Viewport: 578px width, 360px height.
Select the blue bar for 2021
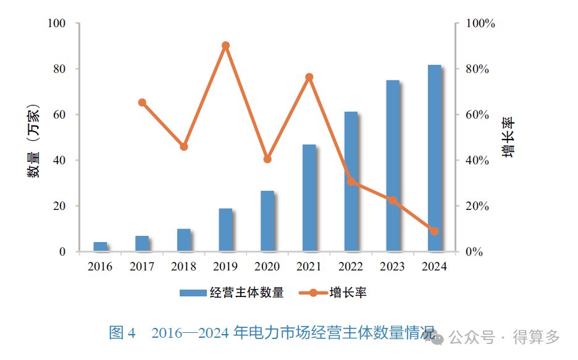(x=309, y=198)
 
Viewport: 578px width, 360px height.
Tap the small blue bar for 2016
(x=100, y=246)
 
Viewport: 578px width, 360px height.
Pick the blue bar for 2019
(x=225, y=230)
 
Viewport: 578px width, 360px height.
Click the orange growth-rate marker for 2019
(x=225, y=46)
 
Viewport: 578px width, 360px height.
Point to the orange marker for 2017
(x=142, y=103)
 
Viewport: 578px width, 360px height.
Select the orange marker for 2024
(x=434, y=232)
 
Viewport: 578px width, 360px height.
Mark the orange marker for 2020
(x=267, y=159)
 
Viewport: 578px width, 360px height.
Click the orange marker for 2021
(x=309, y=77)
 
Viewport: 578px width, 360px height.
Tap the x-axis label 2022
(x=351, y=267)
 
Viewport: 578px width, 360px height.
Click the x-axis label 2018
(x=184, y=267)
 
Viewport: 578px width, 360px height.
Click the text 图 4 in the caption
(x=122, y=333)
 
